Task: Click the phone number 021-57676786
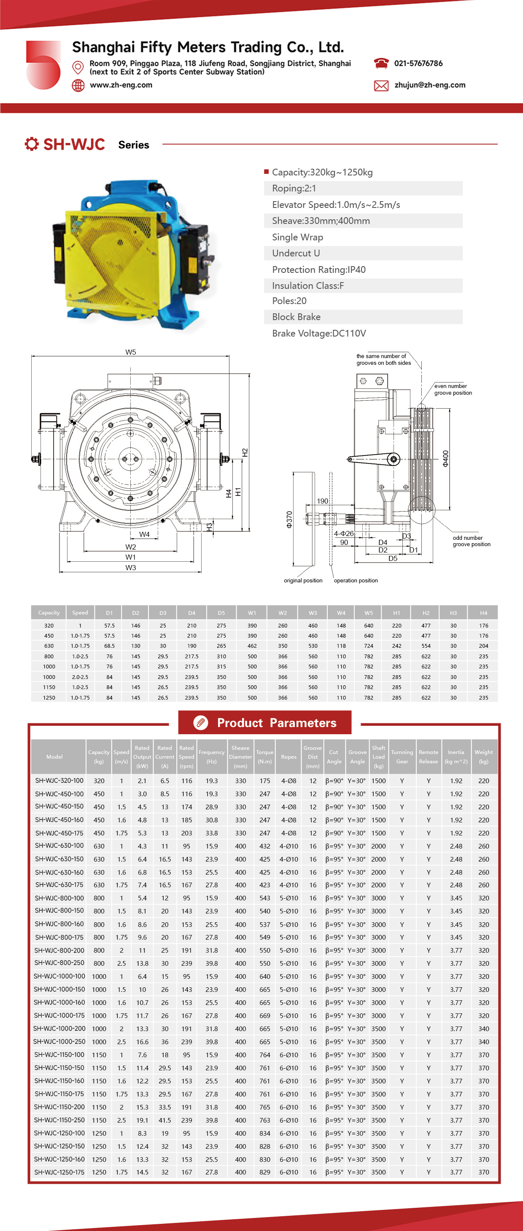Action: pyautogui.click(x=418, y=63)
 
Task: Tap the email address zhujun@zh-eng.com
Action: pyautogui.click(x=430, y=85)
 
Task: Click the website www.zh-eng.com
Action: pyautogui.click(x=121, y=85)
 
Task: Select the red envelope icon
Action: pyautogui.click(x=381, y=86)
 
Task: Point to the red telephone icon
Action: pyautogui.click(x=381, y=63)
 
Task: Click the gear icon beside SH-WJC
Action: pyautogui.click(x=32, y=144)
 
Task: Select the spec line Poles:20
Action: pyautogui.click(x=289, y=301)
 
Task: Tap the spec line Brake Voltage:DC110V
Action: pyautogui.click(x=319, y=334)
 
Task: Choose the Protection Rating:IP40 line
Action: pyautogui.click(x=319, y=269)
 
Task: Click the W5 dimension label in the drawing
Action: pyautogui.click(x=130, y=352)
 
